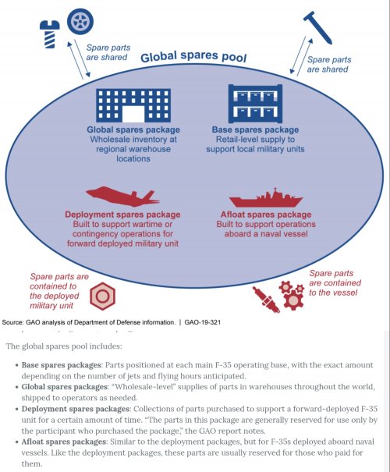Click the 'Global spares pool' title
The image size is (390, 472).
tap(193, 57)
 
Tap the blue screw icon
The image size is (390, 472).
tap(50, 34)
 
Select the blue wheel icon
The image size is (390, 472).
tap(80, 22)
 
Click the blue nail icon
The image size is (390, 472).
tap(317, 28)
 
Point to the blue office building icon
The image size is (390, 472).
tap(133, 105)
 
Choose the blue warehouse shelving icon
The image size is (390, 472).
tap(255, 104)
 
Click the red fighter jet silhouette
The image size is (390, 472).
tap(122, 197)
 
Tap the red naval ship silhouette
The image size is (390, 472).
tap(266, 198)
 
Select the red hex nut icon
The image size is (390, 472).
tap(102, 296)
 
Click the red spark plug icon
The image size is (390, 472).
tap(266, 300)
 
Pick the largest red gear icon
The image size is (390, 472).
tap(294, 300)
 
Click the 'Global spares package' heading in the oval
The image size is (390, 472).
tap(133, 130)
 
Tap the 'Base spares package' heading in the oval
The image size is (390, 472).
tap(255, 130)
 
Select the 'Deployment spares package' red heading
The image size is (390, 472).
tap(122, 215)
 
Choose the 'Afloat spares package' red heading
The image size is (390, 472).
tap(266, 215)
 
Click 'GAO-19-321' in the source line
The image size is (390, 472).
tap(203, 322)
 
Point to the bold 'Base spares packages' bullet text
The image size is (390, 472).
tap(61, 365)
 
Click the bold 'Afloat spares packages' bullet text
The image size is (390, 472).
tap(63, 442)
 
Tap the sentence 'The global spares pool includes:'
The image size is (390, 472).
tap(64, 346)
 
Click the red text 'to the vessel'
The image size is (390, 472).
tap(333, 293)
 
